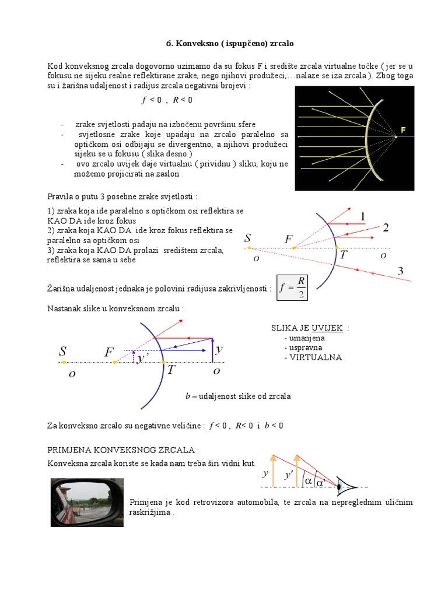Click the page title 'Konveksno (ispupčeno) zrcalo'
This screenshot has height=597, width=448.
coord(224,44)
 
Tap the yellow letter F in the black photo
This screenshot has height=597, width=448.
coord(403,130)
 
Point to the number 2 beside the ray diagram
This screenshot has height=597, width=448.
coord(385,229)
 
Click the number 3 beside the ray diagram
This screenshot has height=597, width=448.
coord(400,271)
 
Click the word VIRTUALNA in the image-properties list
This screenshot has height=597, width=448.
coord(313,357)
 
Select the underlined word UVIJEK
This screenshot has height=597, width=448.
coord(327,328)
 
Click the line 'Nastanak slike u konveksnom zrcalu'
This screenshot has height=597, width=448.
coord(115,308)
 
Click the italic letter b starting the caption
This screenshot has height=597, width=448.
coord(188,396)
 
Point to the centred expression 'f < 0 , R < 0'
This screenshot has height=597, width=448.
coord(166,100)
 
